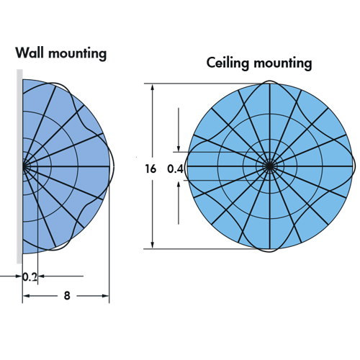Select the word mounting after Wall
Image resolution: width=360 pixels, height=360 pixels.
tap(77, 54)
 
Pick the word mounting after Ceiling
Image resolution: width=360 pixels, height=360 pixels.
tap(283, 63)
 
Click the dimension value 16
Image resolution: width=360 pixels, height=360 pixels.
tap(150, 169)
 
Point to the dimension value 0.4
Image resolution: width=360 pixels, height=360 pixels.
tap(175, 169)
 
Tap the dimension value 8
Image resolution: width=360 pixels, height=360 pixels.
tap(67, 296)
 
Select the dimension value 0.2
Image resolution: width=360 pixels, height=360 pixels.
tap(30, 277)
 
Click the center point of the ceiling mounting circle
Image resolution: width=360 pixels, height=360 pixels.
tap(270, 166)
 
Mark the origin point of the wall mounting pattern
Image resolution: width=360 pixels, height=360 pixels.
tap(24, 166)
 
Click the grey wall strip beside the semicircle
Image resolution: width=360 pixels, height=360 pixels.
tap(19, 166)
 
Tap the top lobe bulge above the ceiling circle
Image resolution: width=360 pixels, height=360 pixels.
tap(270, 81)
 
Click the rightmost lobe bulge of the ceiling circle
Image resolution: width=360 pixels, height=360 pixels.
tap(355, 166)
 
